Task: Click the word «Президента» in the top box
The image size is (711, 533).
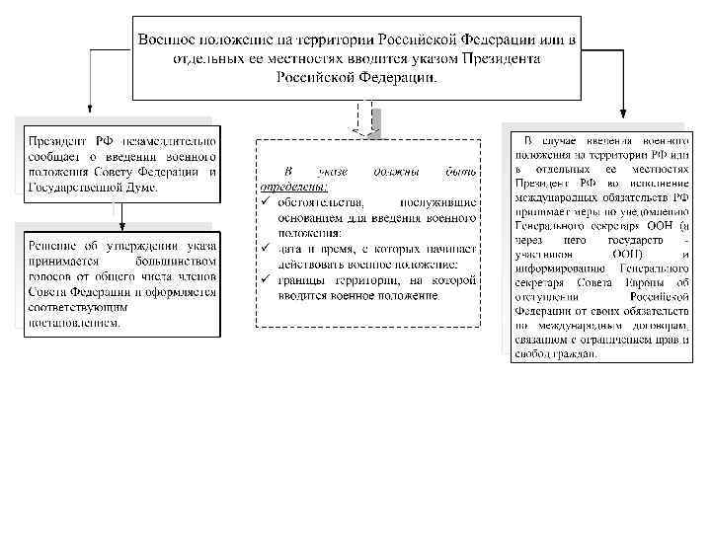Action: click(x=498, y=59)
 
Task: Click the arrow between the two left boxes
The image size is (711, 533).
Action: click(x=117, y=213)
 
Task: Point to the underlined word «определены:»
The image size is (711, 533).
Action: click(x=293, y=187)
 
